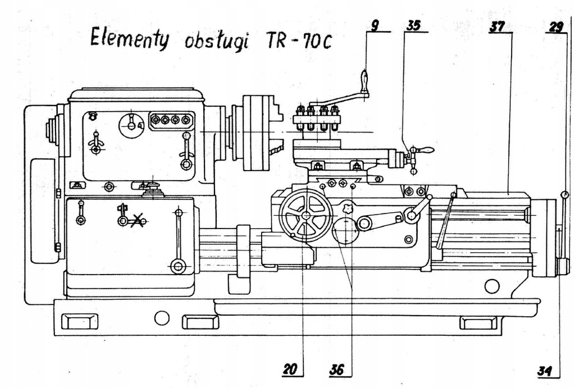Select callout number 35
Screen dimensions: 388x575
(414, 25)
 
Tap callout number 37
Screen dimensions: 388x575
(496, 25)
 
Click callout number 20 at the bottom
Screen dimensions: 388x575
(291, 369)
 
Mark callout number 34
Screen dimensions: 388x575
(545, 371)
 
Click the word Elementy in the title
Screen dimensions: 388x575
(129, 39)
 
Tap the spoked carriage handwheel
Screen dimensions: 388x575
(306, 215)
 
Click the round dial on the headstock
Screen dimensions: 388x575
(131, 125)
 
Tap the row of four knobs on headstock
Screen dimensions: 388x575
(171, 120)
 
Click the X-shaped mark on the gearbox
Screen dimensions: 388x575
(136, 221)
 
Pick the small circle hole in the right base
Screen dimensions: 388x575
(492, 286)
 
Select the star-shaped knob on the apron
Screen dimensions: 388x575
(349, 209)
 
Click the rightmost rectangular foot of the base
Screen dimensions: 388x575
(478, 322)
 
